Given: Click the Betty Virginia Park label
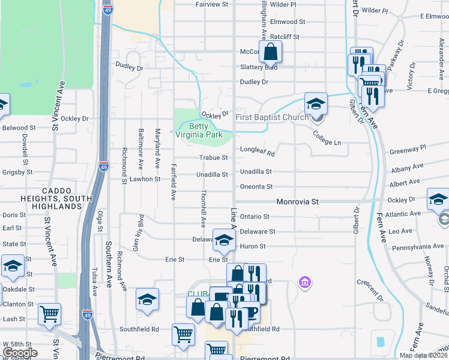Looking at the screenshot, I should pos(206,130).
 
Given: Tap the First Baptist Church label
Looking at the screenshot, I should pos(272,117).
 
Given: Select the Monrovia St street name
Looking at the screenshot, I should pos(297,202).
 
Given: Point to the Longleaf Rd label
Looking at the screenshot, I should pos(257,152).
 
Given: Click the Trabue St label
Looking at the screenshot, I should pos(214,158).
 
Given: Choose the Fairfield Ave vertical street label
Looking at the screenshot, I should pos(173,182).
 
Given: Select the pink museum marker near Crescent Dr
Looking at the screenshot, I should pos(304,282).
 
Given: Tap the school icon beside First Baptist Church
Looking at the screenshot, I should pos(316,104).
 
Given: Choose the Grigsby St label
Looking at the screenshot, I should pos(16,172).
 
